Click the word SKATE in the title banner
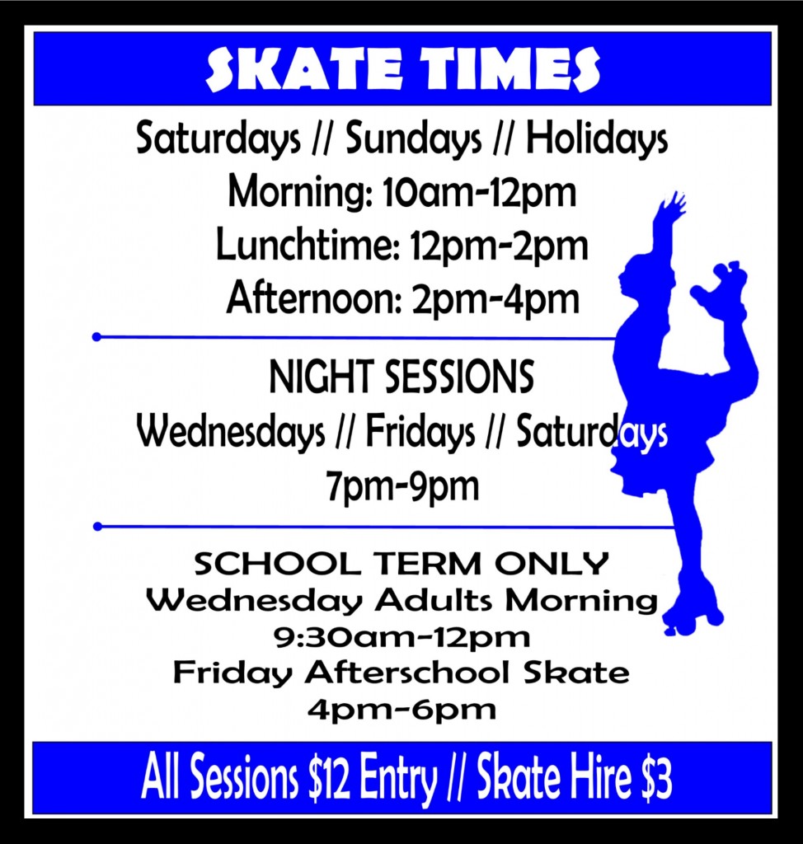[298, 69]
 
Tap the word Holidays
[596, 140]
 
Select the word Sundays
[413, 140]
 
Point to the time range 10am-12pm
[480, 193]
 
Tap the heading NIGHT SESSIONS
[401, 378]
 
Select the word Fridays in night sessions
[420, 432]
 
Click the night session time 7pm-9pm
[401, 486]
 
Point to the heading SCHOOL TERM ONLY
[401, 565]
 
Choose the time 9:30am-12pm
[401, 637]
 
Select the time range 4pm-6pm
[401, 710]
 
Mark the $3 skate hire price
[655, 779]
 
